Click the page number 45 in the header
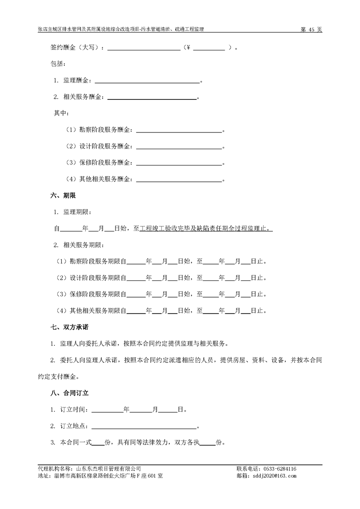tap(311, 29)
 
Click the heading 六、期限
tap(63, 196)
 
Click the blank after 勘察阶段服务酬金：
tap(179, 130)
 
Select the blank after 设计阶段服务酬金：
tap(179, 147)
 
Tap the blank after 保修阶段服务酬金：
tap(179, 163)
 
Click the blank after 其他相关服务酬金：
tap(179, 179)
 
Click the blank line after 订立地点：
tap(144, 426)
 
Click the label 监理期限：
tap(77, 212)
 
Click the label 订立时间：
tap(75, 410)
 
